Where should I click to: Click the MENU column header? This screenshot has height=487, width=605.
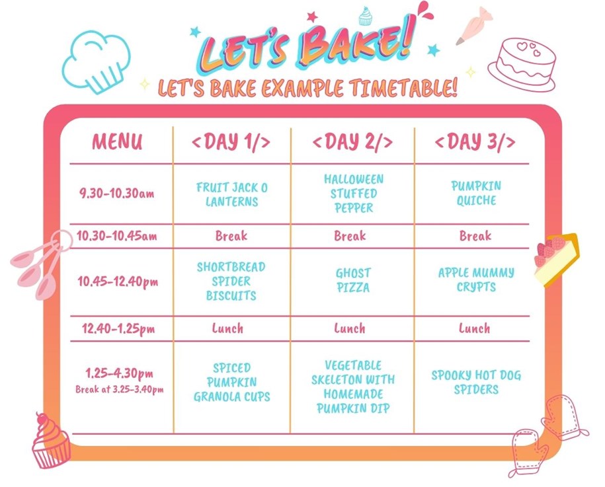click(117, 141)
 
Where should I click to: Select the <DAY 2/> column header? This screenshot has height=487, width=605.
click(352, 141)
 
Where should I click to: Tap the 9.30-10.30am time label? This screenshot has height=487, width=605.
click(116, 193)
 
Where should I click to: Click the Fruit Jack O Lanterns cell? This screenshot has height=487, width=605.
click(231, 194)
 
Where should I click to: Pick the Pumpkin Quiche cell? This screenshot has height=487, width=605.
click(476, 193)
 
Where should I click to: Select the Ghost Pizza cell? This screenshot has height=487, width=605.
click(352, 280)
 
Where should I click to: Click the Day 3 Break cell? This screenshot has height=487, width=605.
click(475, 236)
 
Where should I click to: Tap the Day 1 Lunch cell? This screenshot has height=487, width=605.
click(227, 328)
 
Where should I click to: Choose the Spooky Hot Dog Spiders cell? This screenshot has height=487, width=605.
click(476, 382)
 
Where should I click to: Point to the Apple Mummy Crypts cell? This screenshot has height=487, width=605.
click(476, 280)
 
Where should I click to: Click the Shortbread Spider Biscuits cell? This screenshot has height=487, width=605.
click(231, 281)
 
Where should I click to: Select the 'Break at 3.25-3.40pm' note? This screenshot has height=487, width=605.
click(119, 389)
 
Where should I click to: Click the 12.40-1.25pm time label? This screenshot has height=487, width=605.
click(118, 329)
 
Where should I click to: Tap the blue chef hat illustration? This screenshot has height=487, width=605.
click(97, 61)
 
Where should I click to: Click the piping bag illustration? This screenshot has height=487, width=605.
click(474, 26)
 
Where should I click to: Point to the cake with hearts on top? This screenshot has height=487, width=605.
click(522, 64)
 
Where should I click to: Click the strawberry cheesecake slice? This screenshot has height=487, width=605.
click(556, 260)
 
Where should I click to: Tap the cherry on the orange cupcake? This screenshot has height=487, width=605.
click(41, 418)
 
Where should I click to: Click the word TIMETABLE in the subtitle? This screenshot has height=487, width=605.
click(403, 88)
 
